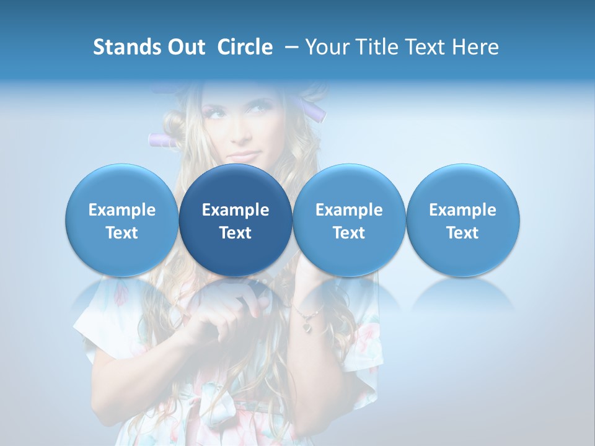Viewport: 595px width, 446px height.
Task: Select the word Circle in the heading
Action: pyautogui.click(x=245, y=47)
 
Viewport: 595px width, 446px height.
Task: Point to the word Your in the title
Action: pyautogui.click(x=326, y=47)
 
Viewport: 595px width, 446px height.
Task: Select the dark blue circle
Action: pyautogui.click(x=236, y=220)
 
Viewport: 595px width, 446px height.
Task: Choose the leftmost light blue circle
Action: pyautogui.click(x=122, y=220)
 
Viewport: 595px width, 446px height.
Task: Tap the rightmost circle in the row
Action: pyautogui.click(x=463, y=220)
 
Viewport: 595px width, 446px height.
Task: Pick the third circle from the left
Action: pyautogui.click(x=349, y=220)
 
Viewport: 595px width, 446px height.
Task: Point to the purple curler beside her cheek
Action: pyautogui.click(x=162, y=140)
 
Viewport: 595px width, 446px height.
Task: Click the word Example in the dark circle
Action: pyautogui.click(x=236, y=210)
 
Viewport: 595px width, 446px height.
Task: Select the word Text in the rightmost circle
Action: pyautogui.click(x=462, y=232)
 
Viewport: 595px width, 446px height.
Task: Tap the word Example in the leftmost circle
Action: pyautogui.click(x=122, y=210)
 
